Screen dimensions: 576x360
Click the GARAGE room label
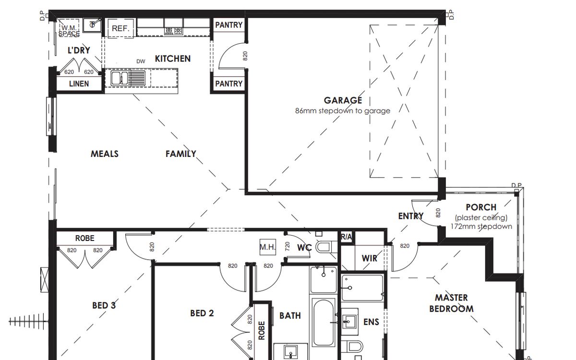click(x=343, y=100)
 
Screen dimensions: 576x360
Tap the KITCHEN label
click(x=173, y=59)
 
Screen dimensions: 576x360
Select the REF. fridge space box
click(x=120, y=28)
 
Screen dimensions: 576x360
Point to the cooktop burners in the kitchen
click(x=174, y=31)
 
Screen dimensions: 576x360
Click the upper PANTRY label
click(x=229, y=25)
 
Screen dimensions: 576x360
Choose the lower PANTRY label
click(x=229, y=84)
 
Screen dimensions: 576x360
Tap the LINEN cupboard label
click(x=79, y=84)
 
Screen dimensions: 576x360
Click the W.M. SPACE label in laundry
click(x=69, y=31)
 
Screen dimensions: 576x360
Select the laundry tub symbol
click(x=92, y=25)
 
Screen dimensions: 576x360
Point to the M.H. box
click(x=268, y=247)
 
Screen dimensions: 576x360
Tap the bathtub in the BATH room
click(x=324, y=322)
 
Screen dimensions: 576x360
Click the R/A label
click(x=347, y=237)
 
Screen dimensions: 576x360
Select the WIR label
click(x=370, y=258)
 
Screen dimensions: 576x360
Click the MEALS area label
click(x=105, y=154)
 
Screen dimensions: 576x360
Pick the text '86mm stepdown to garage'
click(x=343, y=111)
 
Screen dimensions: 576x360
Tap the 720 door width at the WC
click(x=288, y=246)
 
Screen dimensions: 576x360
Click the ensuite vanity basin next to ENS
click(x=349, y=322)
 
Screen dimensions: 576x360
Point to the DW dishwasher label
click(x=141, y=61)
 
